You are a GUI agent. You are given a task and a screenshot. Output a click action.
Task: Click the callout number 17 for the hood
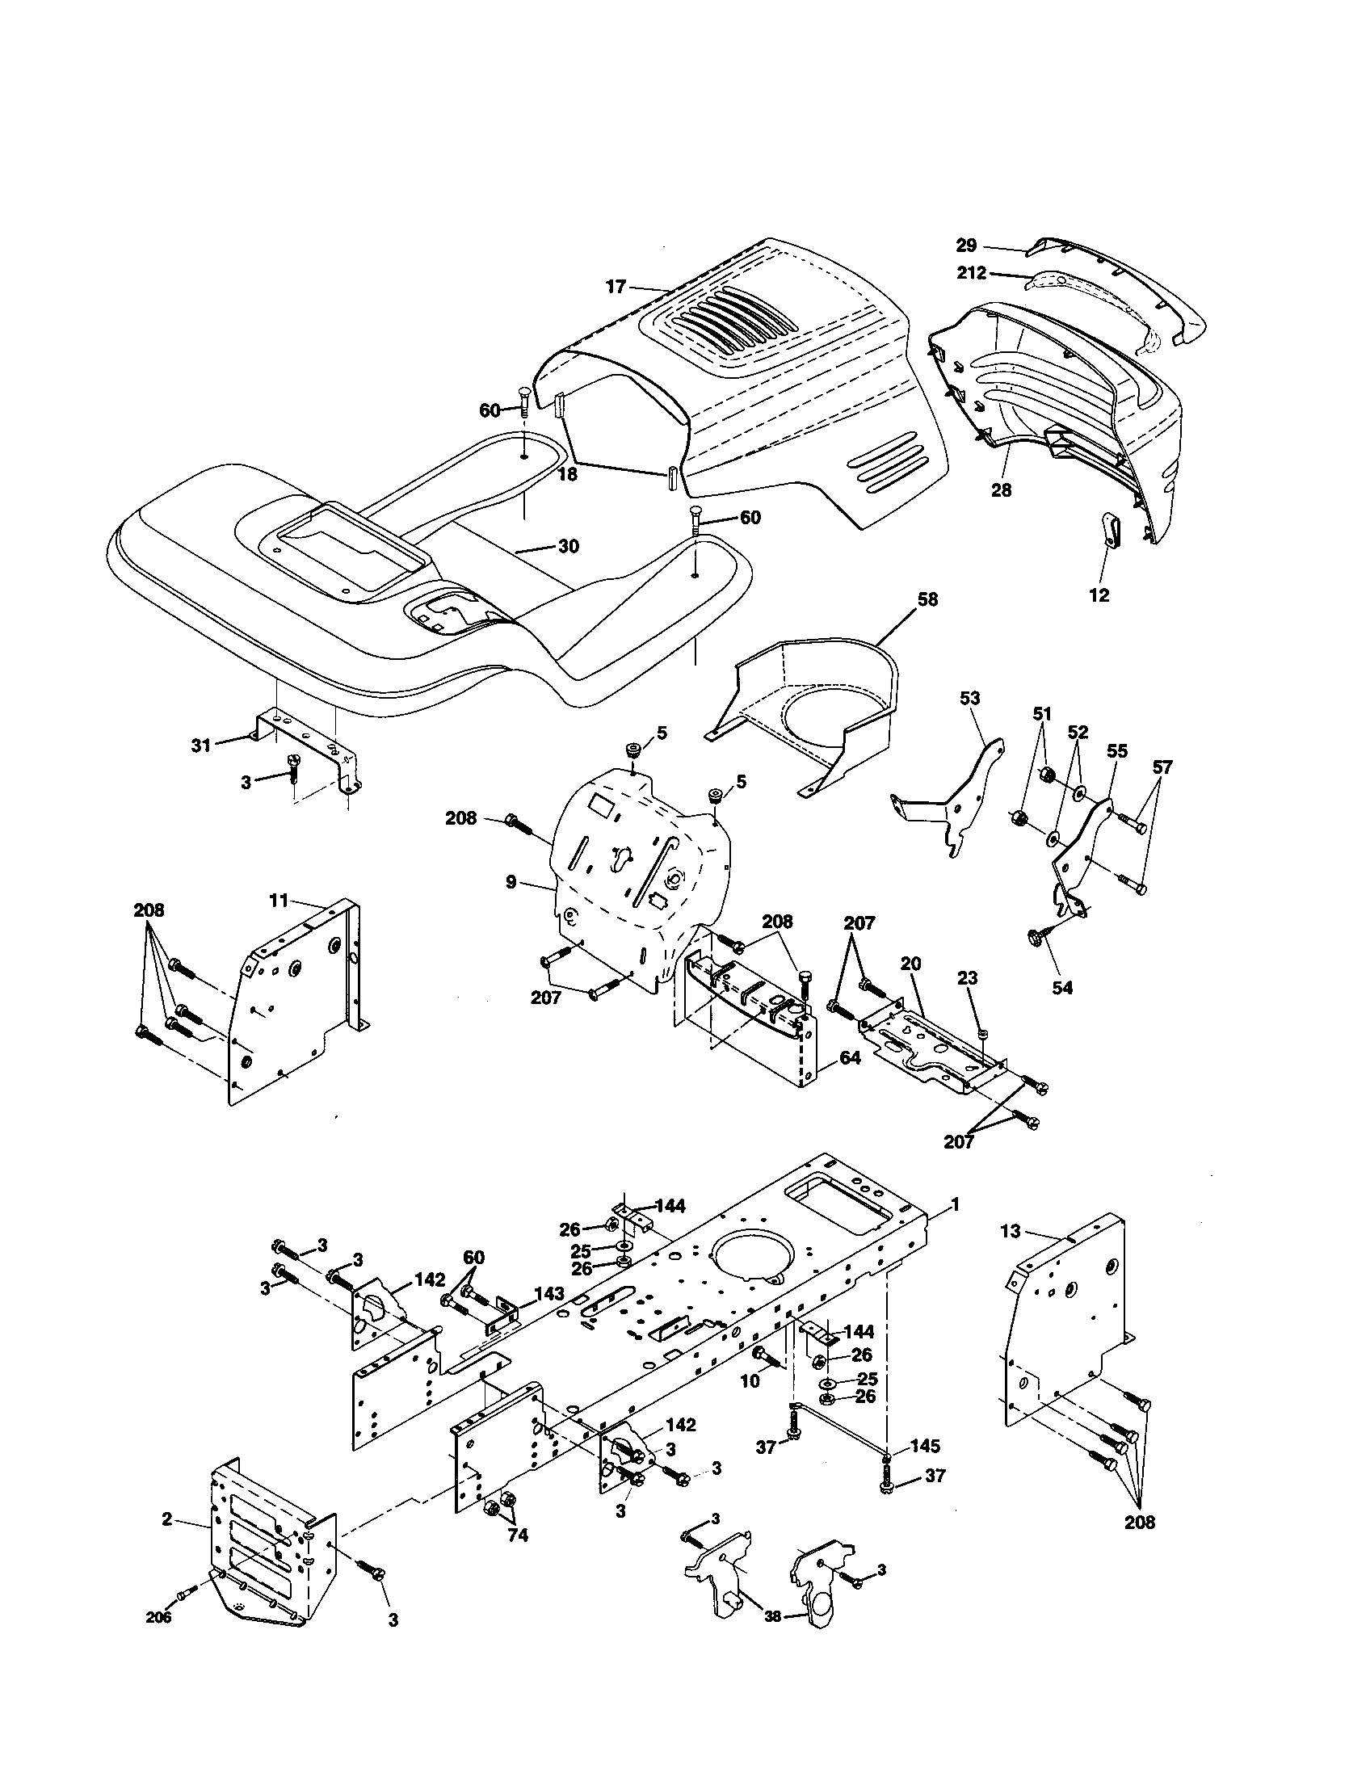(616, 287)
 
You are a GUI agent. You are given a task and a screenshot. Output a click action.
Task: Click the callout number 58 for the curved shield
(927, 599)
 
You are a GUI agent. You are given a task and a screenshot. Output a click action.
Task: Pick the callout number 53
(969, 698)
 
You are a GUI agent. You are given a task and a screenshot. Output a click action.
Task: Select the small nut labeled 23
(984, 1032)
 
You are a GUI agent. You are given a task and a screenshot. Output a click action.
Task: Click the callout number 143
(550, 1293)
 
